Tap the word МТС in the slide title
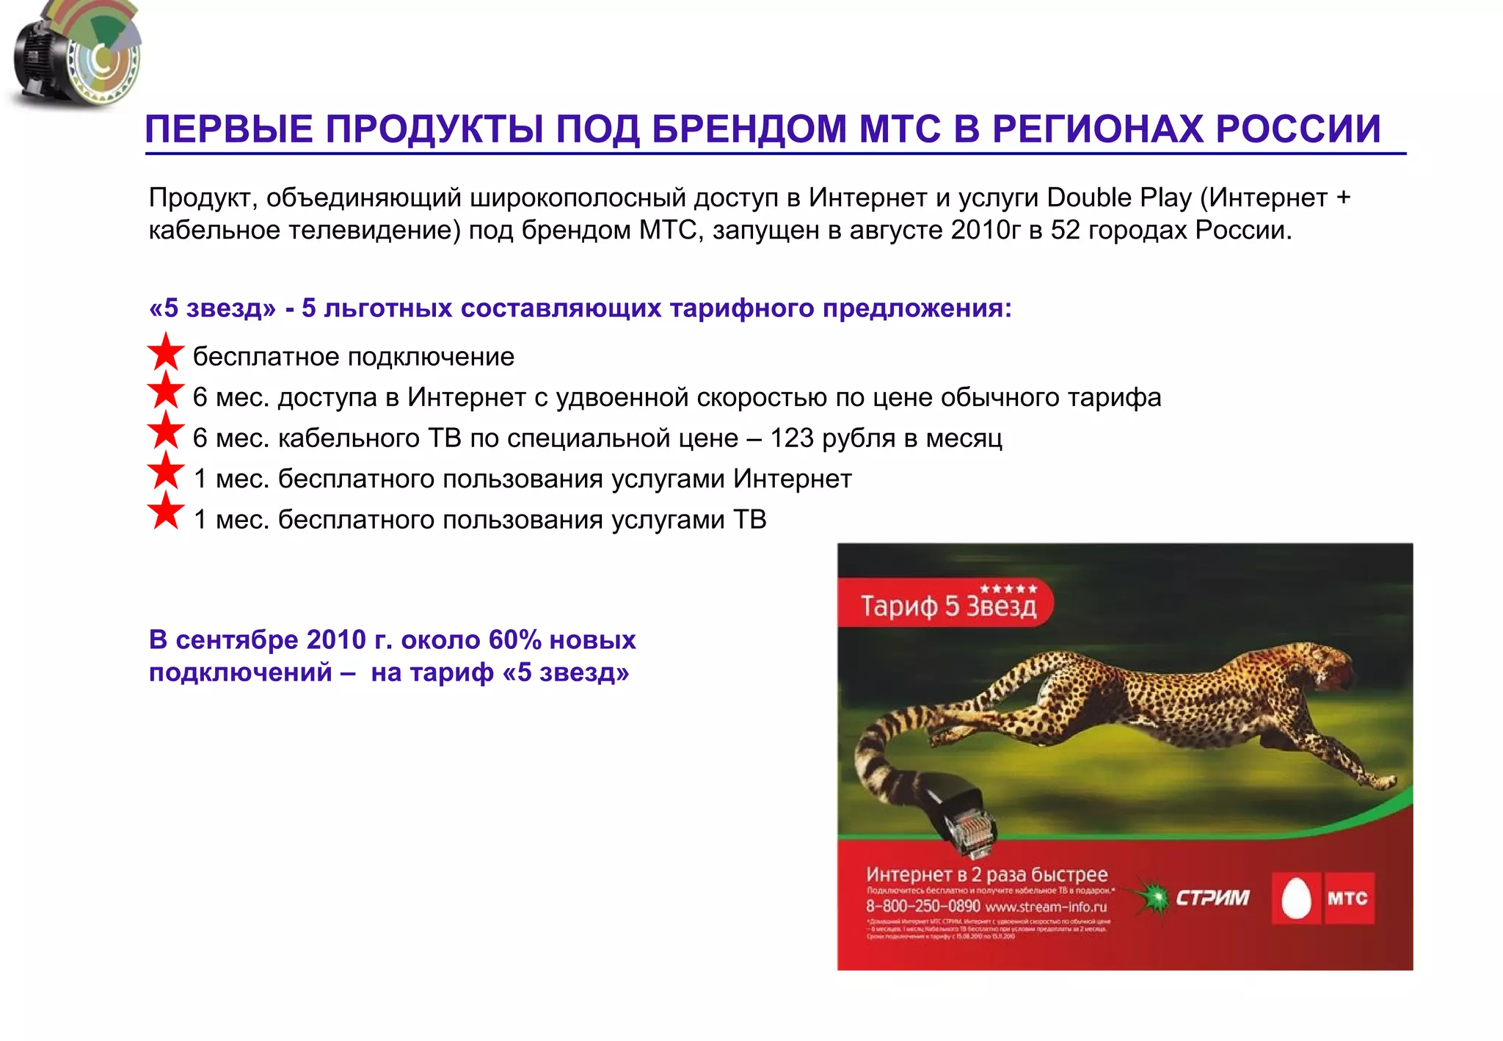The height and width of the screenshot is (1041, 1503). click(x=900, y=129)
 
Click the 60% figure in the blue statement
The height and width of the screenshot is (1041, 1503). click(x=514, y=640)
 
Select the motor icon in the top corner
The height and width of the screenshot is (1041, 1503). click(x=73, y=56)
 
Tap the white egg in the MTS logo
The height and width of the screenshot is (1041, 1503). click(x=1296, y=899)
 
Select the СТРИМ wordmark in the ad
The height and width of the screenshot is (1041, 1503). click(x=1212, y=898)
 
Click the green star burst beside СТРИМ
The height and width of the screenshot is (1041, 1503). click(x=1153, y=897)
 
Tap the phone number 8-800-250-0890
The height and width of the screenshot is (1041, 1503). click(x=922, y=907)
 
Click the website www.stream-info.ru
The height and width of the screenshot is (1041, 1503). click(x=1045, y=907)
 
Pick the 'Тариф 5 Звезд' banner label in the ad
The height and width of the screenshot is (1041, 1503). click(x=948, y=606)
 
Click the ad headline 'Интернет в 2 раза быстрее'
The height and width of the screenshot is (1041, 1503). click(x=986, y=874)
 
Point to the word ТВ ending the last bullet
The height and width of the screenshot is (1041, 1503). click(x=749, y=520)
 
